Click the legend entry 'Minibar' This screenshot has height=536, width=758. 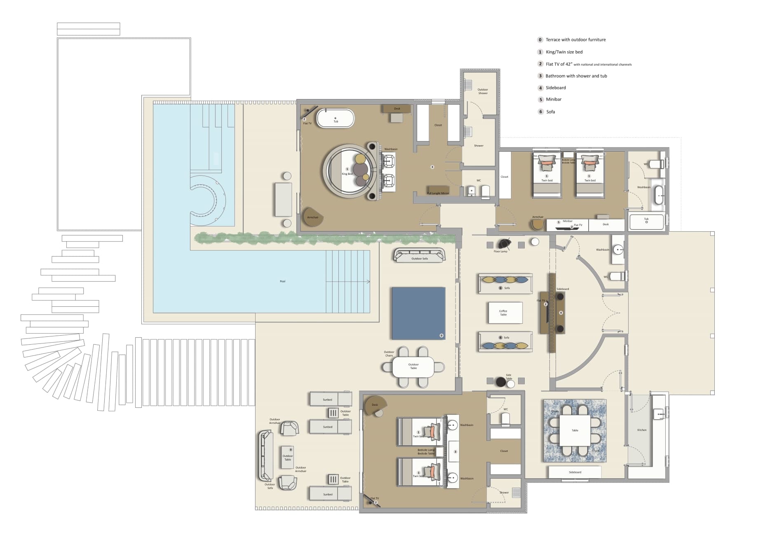553,99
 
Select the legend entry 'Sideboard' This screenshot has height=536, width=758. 555,88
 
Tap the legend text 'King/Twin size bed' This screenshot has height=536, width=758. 564,52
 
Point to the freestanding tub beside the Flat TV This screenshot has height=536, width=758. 336,118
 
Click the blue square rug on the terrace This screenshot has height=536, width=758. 418,313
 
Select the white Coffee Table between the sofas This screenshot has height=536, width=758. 505,313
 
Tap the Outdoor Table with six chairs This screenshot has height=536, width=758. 413,367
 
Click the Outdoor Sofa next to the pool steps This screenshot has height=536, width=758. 420,256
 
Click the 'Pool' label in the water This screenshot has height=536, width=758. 282,281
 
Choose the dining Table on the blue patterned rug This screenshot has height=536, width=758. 575,430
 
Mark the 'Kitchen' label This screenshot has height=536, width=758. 642,430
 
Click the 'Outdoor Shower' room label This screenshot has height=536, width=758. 483,91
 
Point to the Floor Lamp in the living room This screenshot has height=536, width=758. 504,244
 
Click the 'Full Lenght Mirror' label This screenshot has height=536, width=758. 438,193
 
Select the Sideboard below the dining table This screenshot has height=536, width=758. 575,472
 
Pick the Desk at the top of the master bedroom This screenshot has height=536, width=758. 397,108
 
